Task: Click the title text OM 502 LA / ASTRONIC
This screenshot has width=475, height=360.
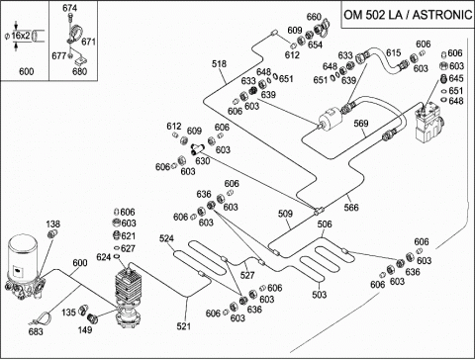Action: point(408,15)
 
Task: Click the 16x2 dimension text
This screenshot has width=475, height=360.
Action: point(21,36)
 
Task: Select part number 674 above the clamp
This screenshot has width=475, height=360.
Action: point(69,8)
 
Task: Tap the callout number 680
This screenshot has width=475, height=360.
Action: point(79,71)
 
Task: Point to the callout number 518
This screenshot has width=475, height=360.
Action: point(219,63)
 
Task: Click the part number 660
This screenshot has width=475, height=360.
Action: point(314,17)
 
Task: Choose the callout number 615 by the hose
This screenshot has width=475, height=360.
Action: point(393,52)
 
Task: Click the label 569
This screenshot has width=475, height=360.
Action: point(361,124)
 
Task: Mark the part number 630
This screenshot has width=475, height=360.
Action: point(203,161)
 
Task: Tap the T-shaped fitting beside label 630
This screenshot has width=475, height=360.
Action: point(197,149)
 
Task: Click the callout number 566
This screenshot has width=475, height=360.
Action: point(351,208)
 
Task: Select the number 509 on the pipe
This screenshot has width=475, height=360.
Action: point(285,214)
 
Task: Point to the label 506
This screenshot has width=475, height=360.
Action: point(325,225)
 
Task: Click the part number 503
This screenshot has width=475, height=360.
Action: point(320,295)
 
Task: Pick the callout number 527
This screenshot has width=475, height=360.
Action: point(247,275)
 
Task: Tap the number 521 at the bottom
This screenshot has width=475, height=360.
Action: point(183,326)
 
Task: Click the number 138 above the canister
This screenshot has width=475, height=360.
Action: point(52,225)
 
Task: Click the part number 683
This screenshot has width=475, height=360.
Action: point(36,331)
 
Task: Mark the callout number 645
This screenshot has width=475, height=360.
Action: point(456,78)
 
